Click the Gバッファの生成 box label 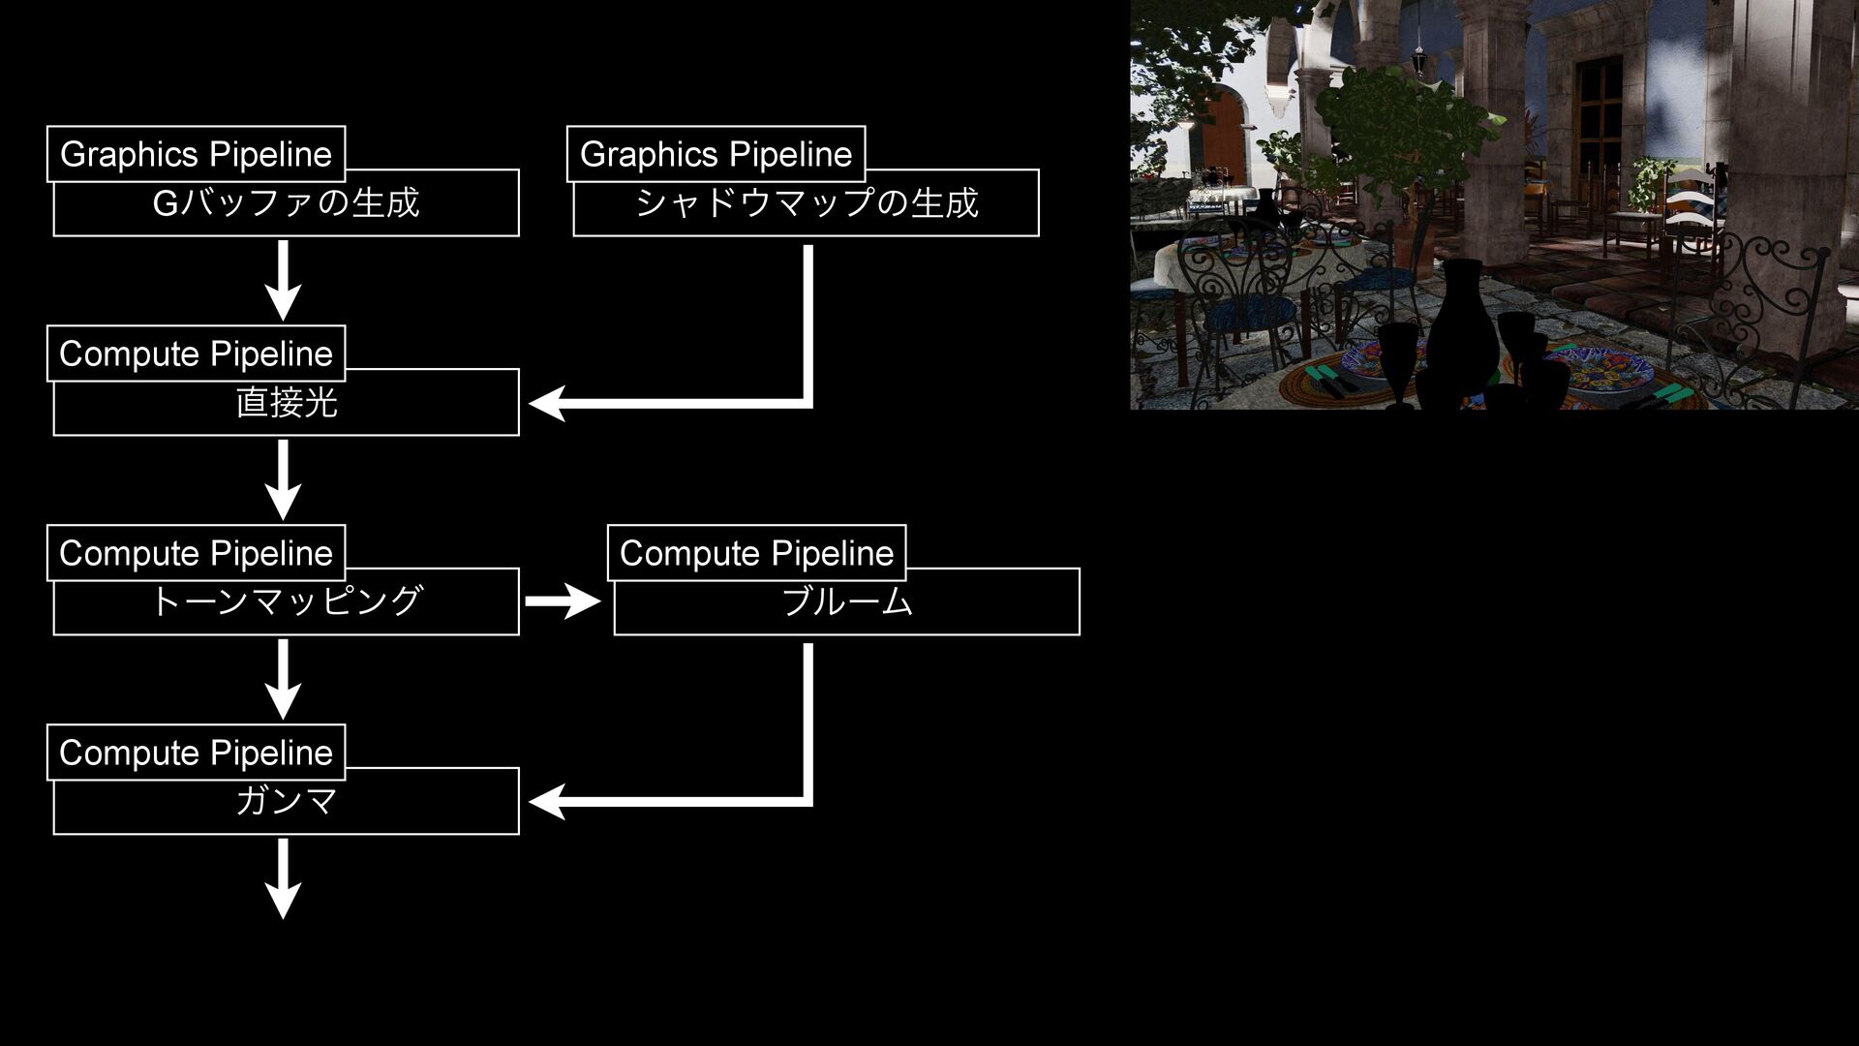286,203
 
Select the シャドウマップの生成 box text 807,203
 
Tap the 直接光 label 286,403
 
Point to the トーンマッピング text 286,601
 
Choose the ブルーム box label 846,601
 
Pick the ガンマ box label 286,801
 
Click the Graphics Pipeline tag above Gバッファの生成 196,154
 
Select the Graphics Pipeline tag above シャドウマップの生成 716,154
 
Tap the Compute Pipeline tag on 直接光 196,354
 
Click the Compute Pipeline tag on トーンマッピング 196,553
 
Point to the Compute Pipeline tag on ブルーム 756,553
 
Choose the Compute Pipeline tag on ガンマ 196,753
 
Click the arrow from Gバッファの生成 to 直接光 283,280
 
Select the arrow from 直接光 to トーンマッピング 283,479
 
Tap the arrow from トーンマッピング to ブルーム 563,601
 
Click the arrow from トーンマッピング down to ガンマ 283,679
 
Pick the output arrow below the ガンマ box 283,878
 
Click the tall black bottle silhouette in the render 1462,329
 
